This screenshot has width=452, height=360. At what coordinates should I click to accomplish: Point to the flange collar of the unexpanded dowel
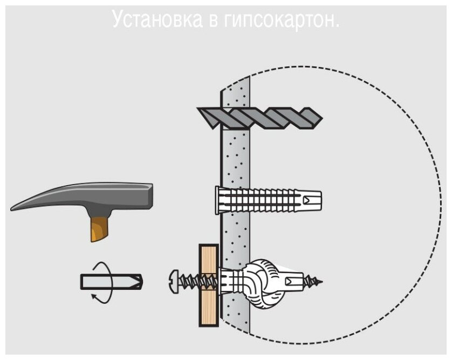coord(218,201)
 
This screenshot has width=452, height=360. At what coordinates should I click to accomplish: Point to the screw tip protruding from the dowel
coord(318,282)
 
